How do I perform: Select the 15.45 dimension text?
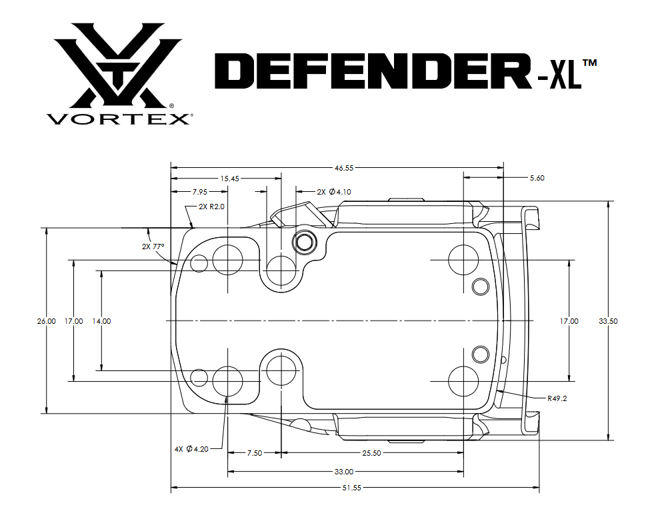coord(229,179)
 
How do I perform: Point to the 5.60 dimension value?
coord(537,179)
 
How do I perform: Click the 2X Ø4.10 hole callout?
coord(333,192)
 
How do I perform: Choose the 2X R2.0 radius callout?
coord(212,207)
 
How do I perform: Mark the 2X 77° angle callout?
coord(153,246)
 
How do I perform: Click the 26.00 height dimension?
coord(47,321)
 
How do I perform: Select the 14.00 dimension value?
coord(101,321)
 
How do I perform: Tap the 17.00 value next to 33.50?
coord(569,321)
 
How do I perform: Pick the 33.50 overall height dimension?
coord(608,321)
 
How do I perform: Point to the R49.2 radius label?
coord(557,398)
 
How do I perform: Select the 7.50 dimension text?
coord(254,453)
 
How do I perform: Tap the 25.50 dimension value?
coord(371,453)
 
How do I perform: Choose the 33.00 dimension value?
coord(344,472)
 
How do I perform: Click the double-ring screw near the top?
coord(305,242)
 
